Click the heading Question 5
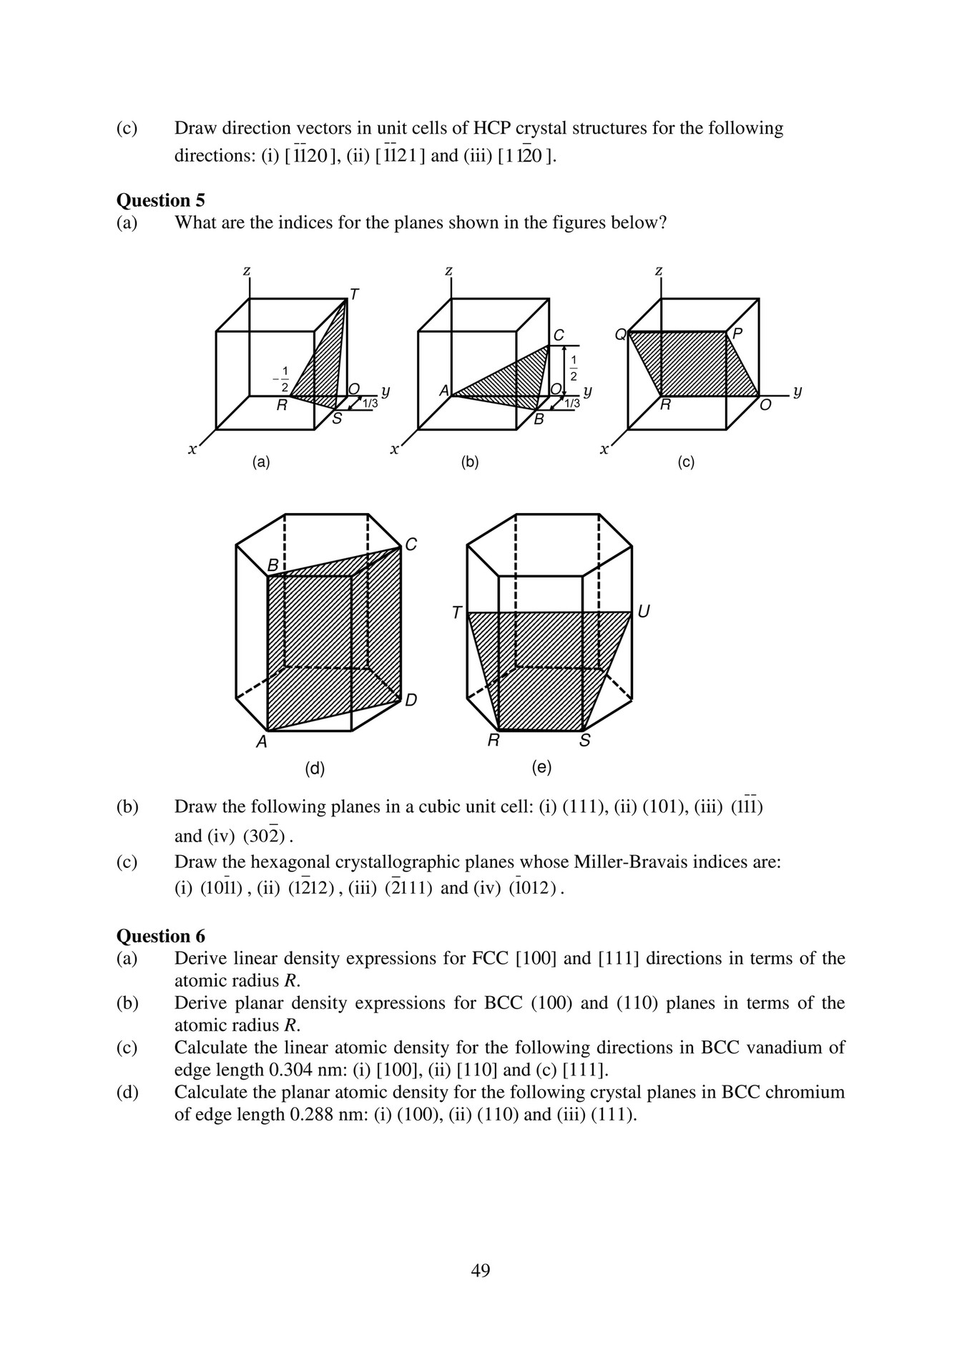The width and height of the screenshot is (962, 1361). pyautogui.click(x=160, y=200)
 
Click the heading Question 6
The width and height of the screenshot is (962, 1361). pyautogui.click(x=160, y=936)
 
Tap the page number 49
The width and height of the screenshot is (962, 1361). pyautogui.click(x=481, y=1270)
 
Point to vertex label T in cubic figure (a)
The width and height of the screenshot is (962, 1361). pyautogui.click(x=354, y=294)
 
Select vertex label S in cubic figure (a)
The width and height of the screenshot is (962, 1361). pyautogui.click(x=337, y=419)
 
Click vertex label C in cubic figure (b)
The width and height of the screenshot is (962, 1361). pyautogui.click(x=559, y=335)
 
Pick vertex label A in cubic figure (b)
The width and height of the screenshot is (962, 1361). pyautogui.click(x=443, y=391)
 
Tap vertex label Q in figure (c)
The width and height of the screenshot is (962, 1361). pyautogui.click(x=620, y=334)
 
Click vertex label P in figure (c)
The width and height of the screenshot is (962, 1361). pyautogui.click(x=737, y=334)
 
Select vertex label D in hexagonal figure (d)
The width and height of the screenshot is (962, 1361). pyautogui.click(x=411, y=700)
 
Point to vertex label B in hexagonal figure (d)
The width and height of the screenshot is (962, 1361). pyautogui.click(x=273, y=566)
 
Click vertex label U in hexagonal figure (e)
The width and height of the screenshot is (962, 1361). pyautogui.click(x=643, y=612)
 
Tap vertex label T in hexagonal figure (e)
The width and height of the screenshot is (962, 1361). pyautogui.click(x=456, y=613)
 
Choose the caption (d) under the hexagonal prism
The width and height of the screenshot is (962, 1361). pyautogui.click(x=315, y=769)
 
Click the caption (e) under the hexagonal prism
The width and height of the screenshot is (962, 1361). pyautogui.click(x=541, y=767)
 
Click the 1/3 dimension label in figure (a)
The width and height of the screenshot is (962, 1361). pyautogui.click(x=370, y=404)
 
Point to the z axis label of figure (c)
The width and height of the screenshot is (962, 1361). pyautogui.click(x=658, y=271)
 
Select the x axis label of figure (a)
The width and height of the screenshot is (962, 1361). pyautogui.click(x=192, y=450)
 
